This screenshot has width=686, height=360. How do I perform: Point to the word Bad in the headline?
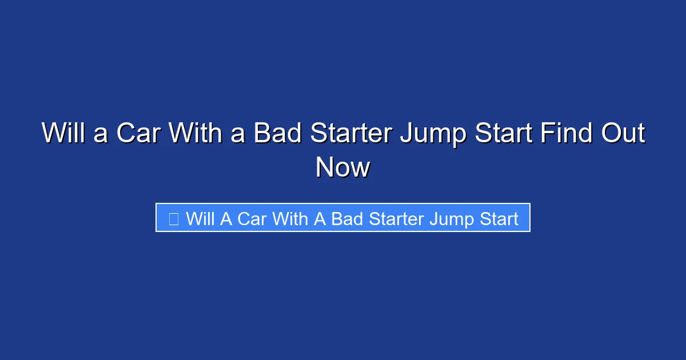coord(278,134)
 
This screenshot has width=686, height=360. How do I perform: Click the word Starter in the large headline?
coord(351,134)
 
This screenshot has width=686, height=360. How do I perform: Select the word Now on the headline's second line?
coord(343,167)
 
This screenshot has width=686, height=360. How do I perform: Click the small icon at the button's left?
coord(174,218)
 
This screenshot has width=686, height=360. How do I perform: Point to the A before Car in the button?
coord(226,218)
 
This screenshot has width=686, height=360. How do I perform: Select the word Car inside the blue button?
coord(252,218)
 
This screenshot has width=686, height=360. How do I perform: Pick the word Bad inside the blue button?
coord(347,218)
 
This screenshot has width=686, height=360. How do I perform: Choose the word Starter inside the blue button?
coord(397,218)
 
